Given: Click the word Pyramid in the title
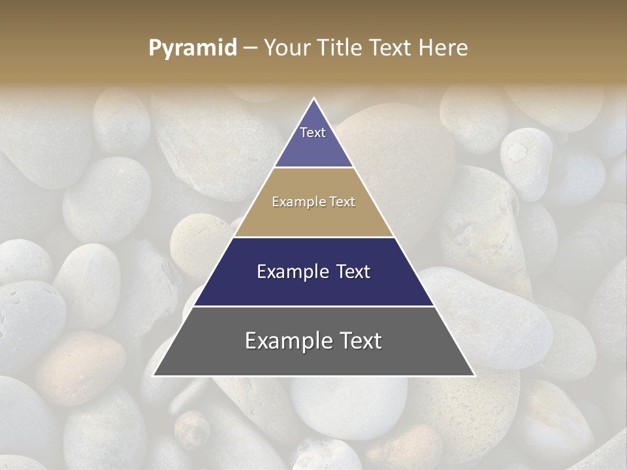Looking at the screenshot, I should click(x=192, y=48).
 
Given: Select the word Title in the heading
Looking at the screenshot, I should click(x=340, y=48).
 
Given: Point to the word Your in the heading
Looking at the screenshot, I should click(x=285, y=48).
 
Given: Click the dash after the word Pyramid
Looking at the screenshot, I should click(x=249, y=48).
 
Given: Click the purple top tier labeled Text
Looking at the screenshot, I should click(x=313, y=140).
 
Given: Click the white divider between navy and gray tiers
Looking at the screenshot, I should click(x=313, y=306).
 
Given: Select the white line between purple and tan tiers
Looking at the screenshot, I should click(x=313, y=168).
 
